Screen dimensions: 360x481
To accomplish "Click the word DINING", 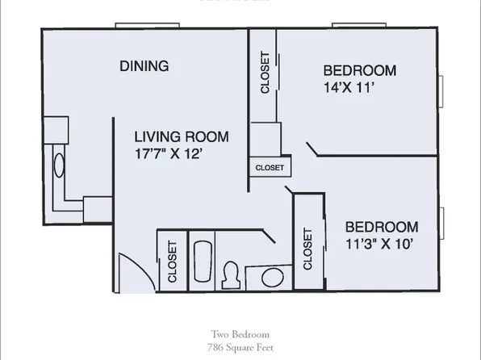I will [x=144, y=66].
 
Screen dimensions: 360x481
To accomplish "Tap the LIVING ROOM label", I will [x=182, y=136].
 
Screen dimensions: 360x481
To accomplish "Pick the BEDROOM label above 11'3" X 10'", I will [x=382, y=226].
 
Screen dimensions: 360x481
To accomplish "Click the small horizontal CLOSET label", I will [x=270, y=168].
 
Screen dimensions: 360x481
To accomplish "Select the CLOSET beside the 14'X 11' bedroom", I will [x=264, y=74].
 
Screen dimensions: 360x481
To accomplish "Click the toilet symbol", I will [x=232, y=272].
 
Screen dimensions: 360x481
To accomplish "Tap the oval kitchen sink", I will [x=58, y=167].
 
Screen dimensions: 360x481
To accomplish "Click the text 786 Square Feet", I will [x=240, y=346].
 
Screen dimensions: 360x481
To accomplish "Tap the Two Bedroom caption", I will [x=240, y=333].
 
